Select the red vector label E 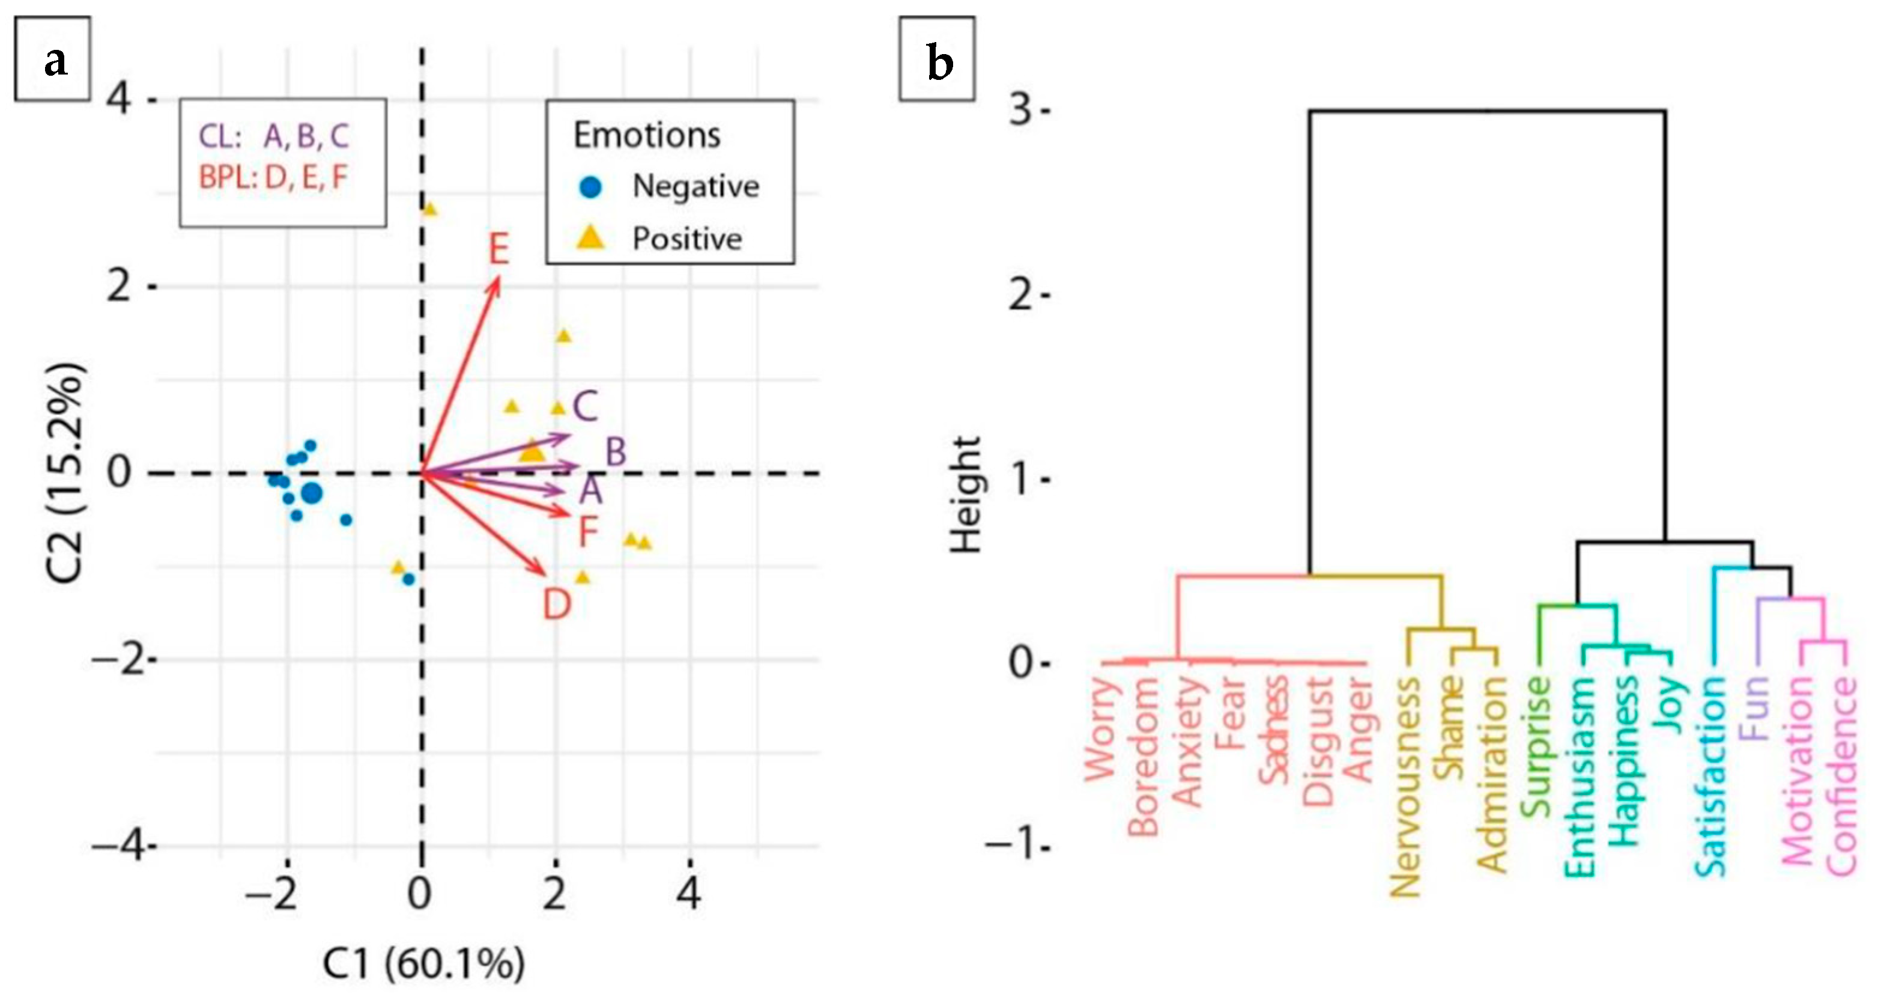pos(498,250)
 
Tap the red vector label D pos(557,605)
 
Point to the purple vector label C pos(586,406)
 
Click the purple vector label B pos(616,452)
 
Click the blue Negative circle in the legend pos(592,188)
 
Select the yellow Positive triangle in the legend pos(592,238)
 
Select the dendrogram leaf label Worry pos(1101,729)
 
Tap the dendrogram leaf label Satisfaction pos(1710,776)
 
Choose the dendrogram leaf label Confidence pos(1841,776)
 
